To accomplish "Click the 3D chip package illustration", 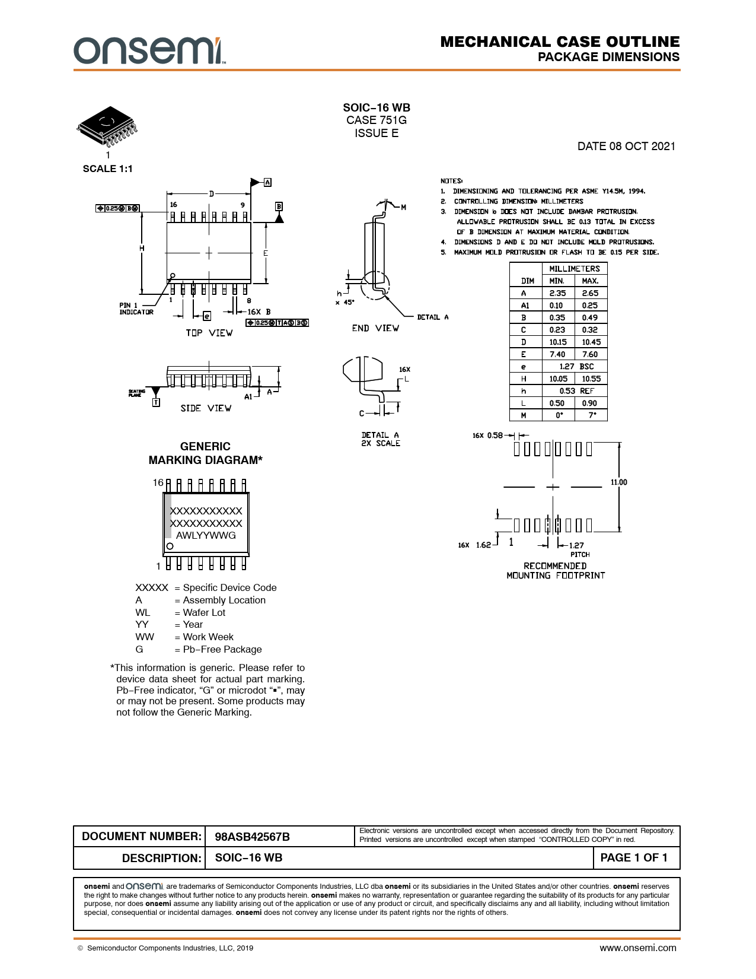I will click(107, 126).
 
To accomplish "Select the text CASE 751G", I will click(377, 120).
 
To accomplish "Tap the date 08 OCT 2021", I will click(626, 147).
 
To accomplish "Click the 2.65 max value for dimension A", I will click(590, 293).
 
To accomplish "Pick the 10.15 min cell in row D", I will click(557, 342).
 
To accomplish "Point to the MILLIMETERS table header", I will click(574, 269).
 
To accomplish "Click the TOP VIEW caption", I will click(209, 333).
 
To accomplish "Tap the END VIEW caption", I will click(375, 328).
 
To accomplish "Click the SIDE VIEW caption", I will click(206, 408).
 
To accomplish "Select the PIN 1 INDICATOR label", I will click(136, 309).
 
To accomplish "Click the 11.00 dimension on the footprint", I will click(618, 482).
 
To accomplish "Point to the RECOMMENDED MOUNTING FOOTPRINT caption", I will click(556, 571).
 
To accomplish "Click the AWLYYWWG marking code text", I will click(206, 535).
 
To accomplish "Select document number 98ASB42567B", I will click(253, 837).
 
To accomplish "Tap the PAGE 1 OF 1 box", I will click(634, 857).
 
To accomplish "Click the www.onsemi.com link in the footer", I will click(637, 948).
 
